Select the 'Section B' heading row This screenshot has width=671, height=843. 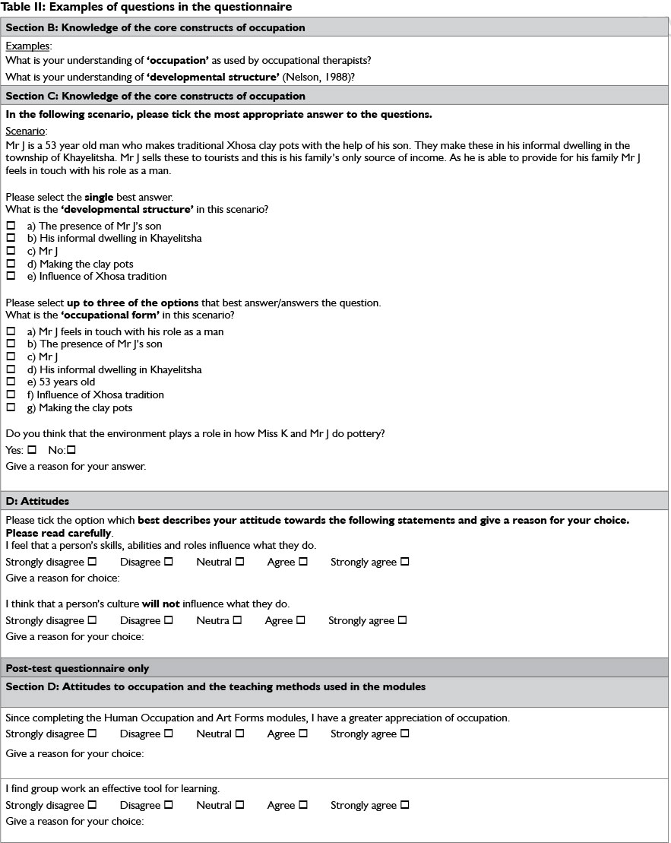(155, 27)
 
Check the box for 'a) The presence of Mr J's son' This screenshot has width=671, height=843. (11, 226)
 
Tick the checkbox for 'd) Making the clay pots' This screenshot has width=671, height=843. (11, 264)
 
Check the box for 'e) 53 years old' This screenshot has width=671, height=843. (11, 382)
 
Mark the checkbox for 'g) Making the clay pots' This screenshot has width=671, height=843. (11, 407)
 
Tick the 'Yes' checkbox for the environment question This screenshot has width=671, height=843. (32, 450)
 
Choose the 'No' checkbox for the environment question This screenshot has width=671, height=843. (71, 450)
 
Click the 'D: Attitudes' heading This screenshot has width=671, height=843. (37, 501)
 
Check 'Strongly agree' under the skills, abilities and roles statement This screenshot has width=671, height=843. (404, 562)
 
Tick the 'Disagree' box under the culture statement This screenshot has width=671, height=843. (169, 620)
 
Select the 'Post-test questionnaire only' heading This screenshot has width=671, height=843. (78, 668)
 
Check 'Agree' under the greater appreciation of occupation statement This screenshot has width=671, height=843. (303, 734)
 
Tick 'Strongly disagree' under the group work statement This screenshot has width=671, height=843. (92, 805)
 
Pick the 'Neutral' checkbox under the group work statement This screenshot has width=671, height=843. (239, 805)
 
